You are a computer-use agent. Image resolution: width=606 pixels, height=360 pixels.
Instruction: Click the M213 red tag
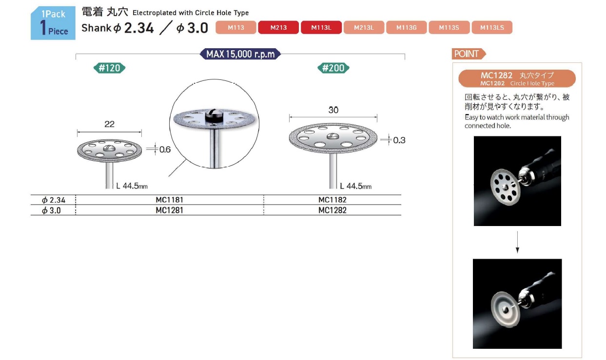pyautogui.click(x=278, y=27)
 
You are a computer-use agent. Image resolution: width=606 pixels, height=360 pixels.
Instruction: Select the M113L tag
pyautogui.click(x=321, y=27)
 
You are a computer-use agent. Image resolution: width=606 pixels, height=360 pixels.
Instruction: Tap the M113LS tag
pyautogui.click(x=492, y=27)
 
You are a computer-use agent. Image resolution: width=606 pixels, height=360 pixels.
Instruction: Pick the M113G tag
pyautogui.click(x=406, y=27)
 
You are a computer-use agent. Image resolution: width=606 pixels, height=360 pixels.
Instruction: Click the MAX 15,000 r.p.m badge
pyautogui.click(x=240, y=54)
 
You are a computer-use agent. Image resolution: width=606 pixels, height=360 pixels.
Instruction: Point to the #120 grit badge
pyautogui.click(x=109, y=68)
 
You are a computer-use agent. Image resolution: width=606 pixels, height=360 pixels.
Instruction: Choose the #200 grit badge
pyautogui.click(x=333, y=68)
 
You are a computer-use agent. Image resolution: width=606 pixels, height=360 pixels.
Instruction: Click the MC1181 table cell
pyautogui.click(x=169, y=200)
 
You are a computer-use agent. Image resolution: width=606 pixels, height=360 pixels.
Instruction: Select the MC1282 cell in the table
pyautogui.click(x=332, y=210)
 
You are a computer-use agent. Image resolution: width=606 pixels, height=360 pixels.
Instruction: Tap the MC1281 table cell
pyautogui.click(x=169, y=210)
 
